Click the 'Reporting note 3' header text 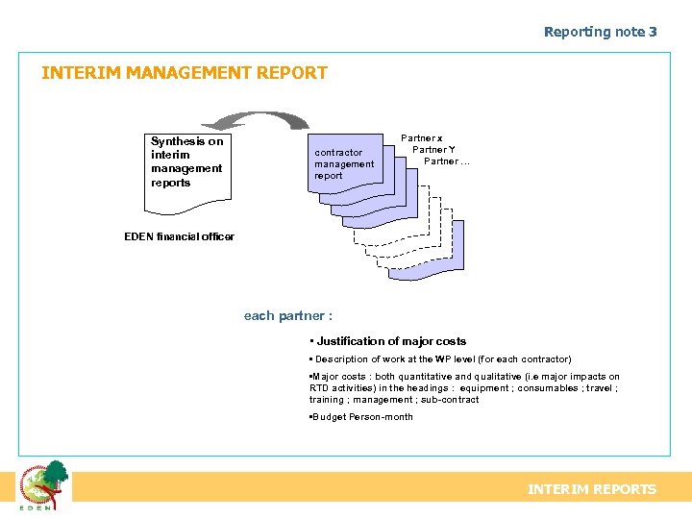tap(600, 32)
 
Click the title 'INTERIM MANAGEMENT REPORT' tap(185, 73)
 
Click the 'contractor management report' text tap(343, 164)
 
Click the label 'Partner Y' tap(433, 150)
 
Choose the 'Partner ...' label tap(447, 161)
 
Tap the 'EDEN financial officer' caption tap(179, 236)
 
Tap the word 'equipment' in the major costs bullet tap(484, 388)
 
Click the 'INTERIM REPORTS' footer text tap(592, 489)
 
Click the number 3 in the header tap(653, 32)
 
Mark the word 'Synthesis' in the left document tap(178, 141)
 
